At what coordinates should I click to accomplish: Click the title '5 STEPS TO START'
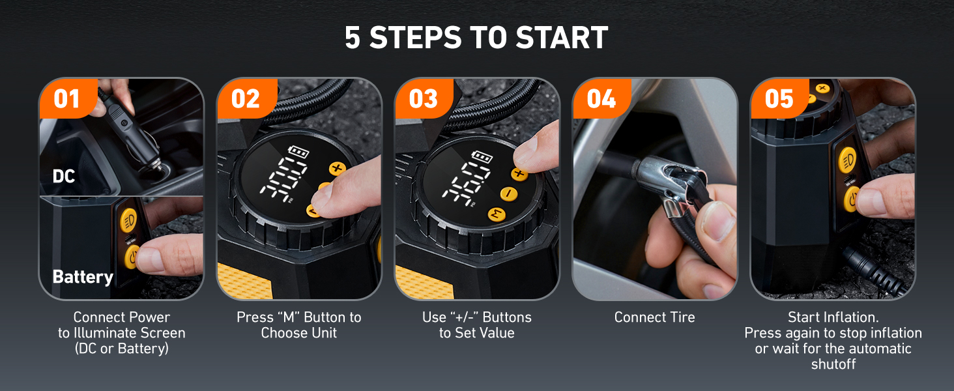pyautogui.click(x=476, y=38)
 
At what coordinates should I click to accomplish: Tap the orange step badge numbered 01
pyautogui.click(x=66, y=99)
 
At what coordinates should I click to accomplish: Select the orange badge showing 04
pyautogui.click(x=600, y=99)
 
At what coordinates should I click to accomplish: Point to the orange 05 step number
pyautogui.click(x=779, y=99)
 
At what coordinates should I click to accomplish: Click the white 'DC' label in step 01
pyautogui.click(x=64, y=176)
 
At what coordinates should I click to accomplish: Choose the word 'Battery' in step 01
pyautogui.click(x=83, y=277)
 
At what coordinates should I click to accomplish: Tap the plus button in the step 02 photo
pyautogui.click(x=337, y=169)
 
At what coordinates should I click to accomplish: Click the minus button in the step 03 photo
pyautogui.click(x=509, y=194)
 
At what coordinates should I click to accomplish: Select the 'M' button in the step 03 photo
pyautogui.click(x=497, y=214)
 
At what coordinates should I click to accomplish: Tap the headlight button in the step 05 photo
pyautogui.click(x=848, y=159)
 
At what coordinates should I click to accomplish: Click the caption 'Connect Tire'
pyautogui.click(x=654, y=317)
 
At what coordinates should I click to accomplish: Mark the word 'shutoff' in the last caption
pyautogui.click(x=833, y=364)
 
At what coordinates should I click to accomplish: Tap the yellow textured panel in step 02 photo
pyautogui.click(x=245, y=280)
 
